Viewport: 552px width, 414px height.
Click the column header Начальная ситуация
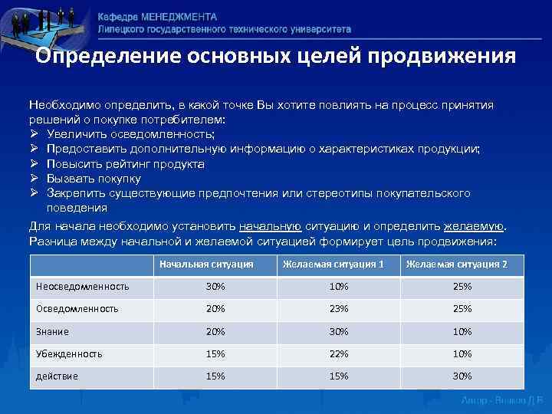tap(206, 264)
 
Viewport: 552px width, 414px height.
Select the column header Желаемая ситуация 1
tap(333, 264)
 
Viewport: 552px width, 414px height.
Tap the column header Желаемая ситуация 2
tap(456, 264)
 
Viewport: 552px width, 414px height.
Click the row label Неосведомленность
tap(83, 287)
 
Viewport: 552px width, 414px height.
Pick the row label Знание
tap(53, 332)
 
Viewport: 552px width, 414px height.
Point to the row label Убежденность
tap(70, 354)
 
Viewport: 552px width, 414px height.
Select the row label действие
tap(58, 376)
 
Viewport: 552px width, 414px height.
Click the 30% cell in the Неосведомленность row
tap(215, 287)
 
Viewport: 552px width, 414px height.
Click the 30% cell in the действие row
tap(462, 376)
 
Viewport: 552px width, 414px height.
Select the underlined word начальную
tap(271, 227)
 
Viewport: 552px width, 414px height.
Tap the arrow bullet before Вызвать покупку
tap(34, 179)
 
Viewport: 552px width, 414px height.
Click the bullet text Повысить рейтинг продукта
tap(125, 164)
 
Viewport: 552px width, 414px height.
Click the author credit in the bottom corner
tap(501, 401)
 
